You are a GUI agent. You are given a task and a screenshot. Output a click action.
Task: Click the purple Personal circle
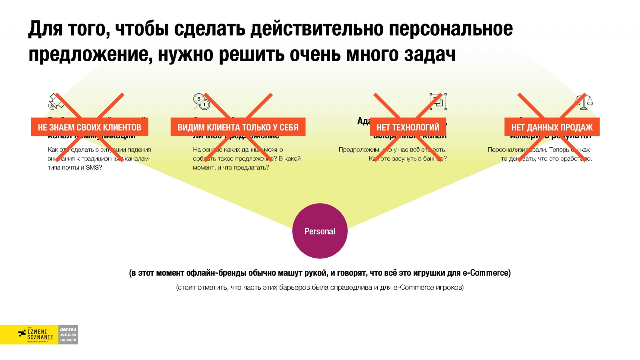point(320,231)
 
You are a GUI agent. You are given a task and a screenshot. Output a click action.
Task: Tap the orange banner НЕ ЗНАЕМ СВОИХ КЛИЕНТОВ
point(89,127)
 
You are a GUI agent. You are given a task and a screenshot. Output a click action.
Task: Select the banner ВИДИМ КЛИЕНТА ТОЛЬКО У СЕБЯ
point(238,127)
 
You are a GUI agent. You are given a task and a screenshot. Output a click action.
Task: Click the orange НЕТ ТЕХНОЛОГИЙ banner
point(408,127)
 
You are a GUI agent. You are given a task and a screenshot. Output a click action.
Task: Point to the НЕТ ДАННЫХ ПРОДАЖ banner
point(552,127)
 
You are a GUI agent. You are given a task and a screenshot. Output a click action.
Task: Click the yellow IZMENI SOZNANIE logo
point(29,334)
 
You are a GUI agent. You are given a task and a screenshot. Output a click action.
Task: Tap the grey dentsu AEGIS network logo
point(68,334)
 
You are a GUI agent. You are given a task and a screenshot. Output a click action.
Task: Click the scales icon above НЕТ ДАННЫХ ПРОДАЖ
point(584,102)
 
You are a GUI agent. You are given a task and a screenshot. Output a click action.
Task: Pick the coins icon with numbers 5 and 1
point(201,102)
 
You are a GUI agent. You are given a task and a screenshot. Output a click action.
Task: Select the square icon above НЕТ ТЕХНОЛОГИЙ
point(438,102)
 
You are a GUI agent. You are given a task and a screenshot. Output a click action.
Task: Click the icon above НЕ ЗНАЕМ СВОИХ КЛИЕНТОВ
point(56,102)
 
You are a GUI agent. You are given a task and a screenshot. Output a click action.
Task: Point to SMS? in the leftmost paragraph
point(94,168)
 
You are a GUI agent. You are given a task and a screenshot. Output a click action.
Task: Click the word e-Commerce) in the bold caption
point(487,273)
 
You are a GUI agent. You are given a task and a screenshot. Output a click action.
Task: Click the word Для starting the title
point(45,29)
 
